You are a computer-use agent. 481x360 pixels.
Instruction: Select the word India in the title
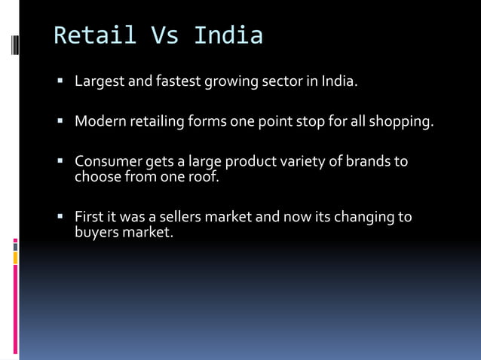point(228,35)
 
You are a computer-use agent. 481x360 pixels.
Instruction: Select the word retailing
point(157,121)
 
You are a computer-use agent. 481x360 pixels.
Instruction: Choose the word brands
point(367,162)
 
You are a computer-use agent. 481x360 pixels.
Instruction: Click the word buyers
point(97,233)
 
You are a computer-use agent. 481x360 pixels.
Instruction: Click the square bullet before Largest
point(60,80)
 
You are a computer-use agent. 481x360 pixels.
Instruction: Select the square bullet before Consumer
point(60,161)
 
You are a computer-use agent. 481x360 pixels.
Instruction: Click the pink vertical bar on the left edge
point(15,309)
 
